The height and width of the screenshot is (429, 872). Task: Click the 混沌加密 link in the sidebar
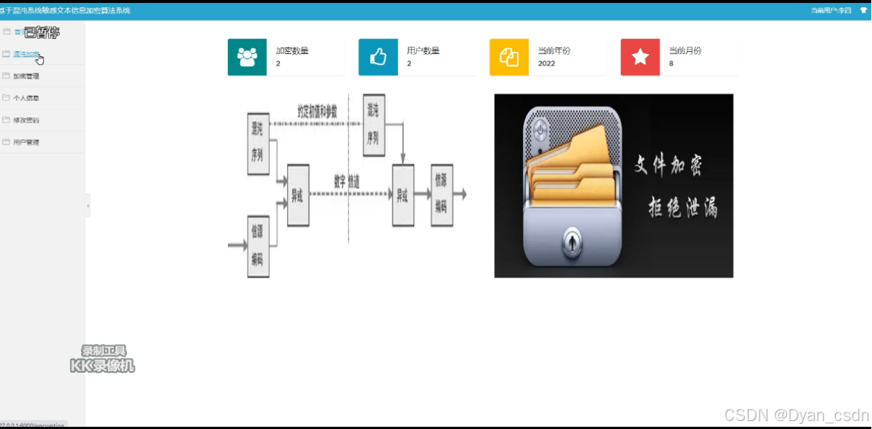tap(26, 54)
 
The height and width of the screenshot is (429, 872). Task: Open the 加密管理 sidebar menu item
tap(26, 76)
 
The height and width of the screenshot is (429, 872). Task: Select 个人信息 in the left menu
tap(26, 98)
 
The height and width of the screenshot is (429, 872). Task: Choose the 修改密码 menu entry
tap(26, 120)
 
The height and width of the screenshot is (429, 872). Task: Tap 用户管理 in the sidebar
tap(26, 143)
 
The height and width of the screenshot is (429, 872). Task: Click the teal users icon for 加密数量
tap(247, 57)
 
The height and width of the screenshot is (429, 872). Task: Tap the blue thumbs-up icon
tap(378, 57)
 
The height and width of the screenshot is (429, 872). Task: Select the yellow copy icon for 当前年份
tap(509, 57)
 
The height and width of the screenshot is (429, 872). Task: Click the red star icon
tap(640, 57)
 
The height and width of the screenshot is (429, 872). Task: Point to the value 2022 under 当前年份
tap(546, 63)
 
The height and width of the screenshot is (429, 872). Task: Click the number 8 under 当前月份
tap(671, 63)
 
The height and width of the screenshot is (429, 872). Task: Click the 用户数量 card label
tap(423, 50)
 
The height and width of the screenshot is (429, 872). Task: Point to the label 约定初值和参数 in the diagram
tap(317, 111)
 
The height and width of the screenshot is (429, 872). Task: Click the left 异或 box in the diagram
tap(298, 195)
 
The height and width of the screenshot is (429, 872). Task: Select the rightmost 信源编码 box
tap(441, 195)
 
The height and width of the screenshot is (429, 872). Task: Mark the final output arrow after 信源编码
tap(459, 194)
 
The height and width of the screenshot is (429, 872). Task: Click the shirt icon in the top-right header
tap(863, 10)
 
